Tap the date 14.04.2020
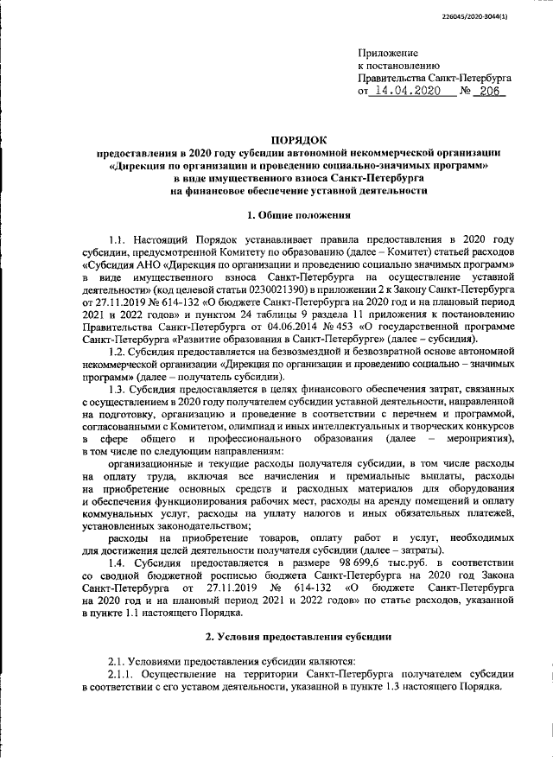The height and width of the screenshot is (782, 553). (404, 90)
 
